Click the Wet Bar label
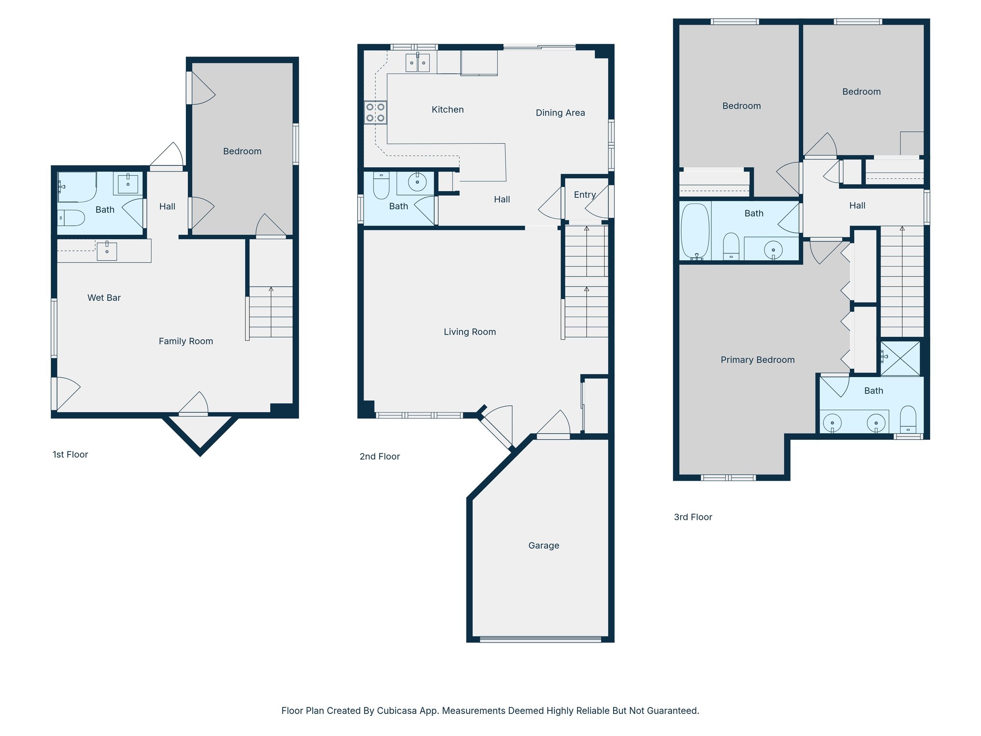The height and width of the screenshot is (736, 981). click(x=104, y=298)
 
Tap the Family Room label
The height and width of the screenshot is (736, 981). click(x=186, y=341)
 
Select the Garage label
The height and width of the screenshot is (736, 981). click(x=544, y=545)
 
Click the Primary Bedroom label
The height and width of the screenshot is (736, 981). click(x=757, y=360)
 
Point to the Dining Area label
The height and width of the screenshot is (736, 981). click(x=560, y=113)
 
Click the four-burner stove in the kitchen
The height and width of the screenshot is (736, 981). click(x=375, y=113)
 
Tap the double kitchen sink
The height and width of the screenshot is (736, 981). click(x=417, y=63)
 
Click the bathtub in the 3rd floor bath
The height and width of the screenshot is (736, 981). click(x=695, y=230)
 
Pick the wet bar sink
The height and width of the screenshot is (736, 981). click(x=107, y=251)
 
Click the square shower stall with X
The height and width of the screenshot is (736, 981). click(x=901, y=358)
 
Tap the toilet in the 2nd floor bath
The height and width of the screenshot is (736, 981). click(x=381, y=186)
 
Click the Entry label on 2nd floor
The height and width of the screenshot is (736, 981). click(x=584, y=195)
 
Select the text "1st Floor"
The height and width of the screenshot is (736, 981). click(x=70, y=455)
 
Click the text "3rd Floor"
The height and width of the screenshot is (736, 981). click(x=693, y=517)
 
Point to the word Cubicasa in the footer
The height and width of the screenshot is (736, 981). click(x=396, y=711)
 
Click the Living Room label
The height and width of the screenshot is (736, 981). click(x=469, y=332)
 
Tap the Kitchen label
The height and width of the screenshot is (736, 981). click(x=447, y=110)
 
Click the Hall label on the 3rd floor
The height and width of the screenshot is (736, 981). click(x=857, y=206)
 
